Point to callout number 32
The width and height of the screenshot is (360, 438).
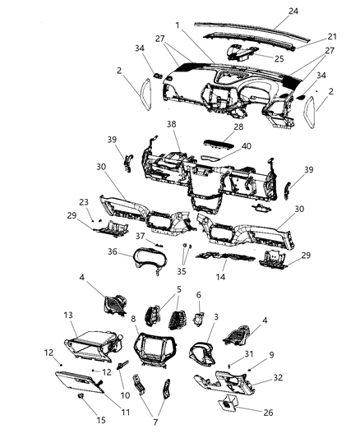click(x=279, y=378)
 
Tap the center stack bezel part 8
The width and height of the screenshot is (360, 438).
click(x=151, y=359)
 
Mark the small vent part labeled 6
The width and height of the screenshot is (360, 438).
click(x=199, y=316)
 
